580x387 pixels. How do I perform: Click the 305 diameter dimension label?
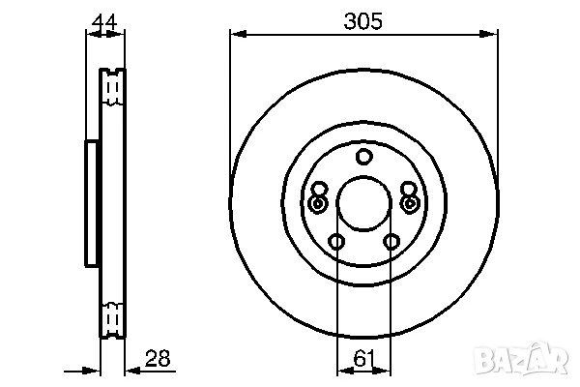pos(362,21)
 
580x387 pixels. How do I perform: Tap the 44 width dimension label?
pos(104,22)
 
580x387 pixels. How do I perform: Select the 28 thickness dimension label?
pos(158,358)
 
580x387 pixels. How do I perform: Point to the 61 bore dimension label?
pos(364,358)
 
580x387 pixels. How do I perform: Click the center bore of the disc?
pos(364,203)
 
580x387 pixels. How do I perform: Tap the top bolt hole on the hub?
pos(364,157)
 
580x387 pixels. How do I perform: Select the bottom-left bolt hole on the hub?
pos(336,242)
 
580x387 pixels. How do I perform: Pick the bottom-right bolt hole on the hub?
pos(391,242)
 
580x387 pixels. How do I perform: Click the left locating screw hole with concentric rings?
pos(317,203)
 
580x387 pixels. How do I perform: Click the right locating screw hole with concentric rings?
pos(410,203)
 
